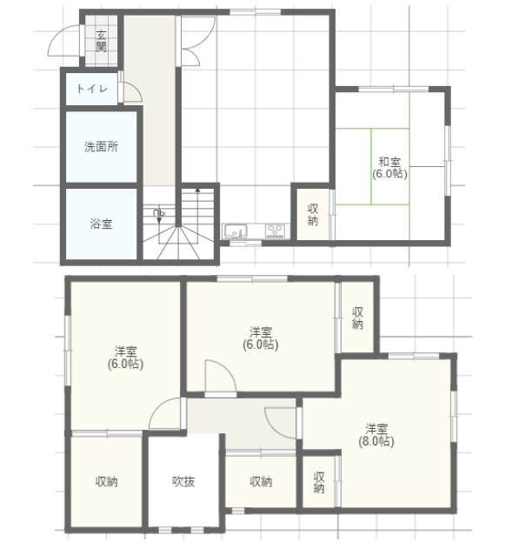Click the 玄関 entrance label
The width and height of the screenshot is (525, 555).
click(x=101, y=41)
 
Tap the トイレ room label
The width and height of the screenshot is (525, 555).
click(x=92, y=89)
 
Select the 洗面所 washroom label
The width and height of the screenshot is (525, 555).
click(x=101, y=146)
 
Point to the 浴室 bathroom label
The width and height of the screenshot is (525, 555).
click(x=101, y=224)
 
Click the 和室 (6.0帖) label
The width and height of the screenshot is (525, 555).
click(x=390, y=168)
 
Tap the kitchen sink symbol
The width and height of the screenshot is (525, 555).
click(x=235, y=231)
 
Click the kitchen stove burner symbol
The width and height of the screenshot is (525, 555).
click(x=276, y=231)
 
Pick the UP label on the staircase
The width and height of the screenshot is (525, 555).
click(x=159, y=212)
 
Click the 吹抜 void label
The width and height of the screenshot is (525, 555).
click(x=183, y=481)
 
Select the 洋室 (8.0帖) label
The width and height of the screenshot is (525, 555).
click(x=376, y=435)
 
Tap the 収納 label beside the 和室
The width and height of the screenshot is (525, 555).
click(x=313, y=215)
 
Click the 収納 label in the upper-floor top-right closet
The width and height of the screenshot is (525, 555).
click(x=357, y=318)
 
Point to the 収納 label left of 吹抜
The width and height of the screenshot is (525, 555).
click(x=107, y=481)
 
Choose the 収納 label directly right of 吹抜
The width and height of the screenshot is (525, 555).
click(x=261, y=481)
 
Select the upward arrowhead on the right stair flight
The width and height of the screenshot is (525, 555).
click(x=198, y=191)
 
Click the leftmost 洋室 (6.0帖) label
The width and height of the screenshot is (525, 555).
click(x=125, y=358)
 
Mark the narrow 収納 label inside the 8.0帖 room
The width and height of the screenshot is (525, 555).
click(x=319, y=482)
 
